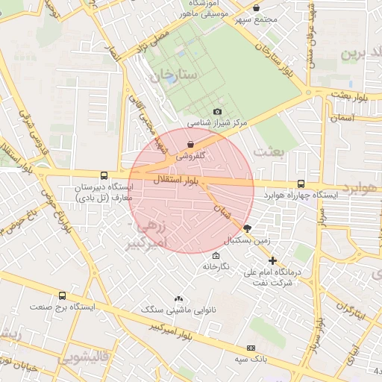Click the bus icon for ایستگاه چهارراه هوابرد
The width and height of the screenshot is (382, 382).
(x=301, y=184)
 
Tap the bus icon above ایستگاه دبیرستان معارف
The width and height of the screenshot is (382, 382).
(x=103, y=175)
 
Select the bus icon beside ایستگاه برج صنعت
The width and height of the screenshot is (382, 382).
(x=61, y=296)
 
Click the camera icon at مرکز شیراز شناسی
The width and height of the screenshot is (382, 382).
(x=217, y=111)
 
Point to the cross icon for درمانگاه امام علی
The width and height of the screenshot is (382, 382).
(x=272, y=261)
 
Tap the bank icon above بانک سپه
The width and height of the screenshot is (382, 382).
(x=250, y=348)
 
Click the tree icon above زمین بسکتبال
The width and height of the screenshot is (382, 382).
(x=247, y=230)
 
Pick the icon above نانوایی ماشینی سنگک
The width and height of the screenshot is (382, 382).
(x=178, y=298)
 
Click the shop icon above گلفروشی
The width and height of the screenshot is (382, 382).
(x=190, y=144)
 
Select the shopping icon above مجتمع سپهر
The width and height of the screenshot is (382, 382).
(x=256, y=7)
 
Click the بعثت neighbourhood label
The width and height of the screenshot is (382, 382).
(x=269, y=151)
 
